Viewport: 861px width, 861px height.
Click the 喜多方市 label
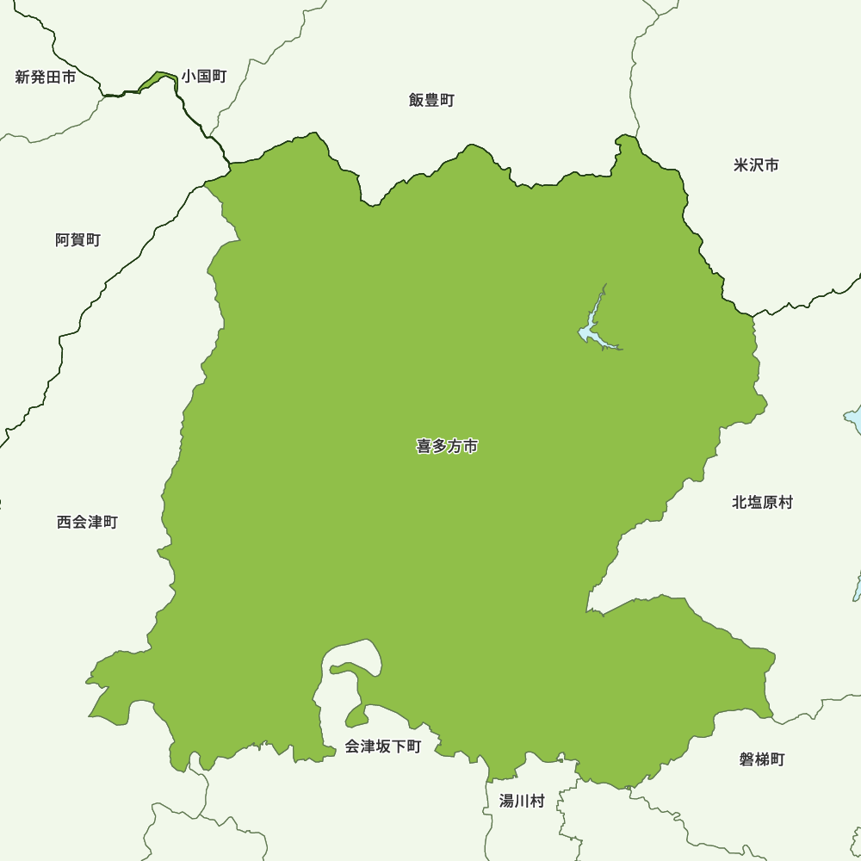coord(447,447)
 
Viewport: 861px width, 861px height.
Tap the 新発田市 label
coord(46,77)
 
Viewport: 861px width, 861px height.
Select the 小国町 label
coord(204,77)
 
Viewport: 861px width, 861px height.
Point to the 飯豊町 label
coord(431,100)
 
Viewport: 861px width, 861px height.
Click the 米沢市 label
coord(756,164)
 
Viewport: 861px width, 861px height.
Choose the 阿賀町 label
coord(77,240)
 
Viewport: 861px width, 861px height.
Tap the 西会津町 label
coord(87,522)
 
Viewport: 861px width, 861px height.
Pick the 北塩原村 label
coord(762,502)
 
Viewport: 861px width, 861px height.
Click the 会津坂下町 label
coord(383,746)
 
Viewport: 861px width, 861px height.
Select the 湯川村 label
coord(522,801)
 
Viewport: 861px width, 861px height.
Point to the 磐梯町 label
coord(762,759)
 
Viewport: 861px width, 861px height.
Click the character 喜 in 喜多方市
coord(424,447)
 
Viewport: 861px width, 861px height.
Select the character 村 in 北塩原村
coord(785,502)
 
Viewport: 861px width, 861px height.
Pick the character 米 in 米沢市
coord(740,164)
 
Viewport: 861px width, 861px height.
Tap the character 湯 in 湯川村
coord(507,801)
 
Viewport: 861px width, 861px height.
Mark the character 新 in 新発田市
coord(23,77)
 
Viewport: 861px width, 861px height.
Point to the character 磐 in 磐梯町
coord(746,759)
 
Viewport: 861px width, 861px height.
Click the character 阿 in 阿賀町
coord(63,240)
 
